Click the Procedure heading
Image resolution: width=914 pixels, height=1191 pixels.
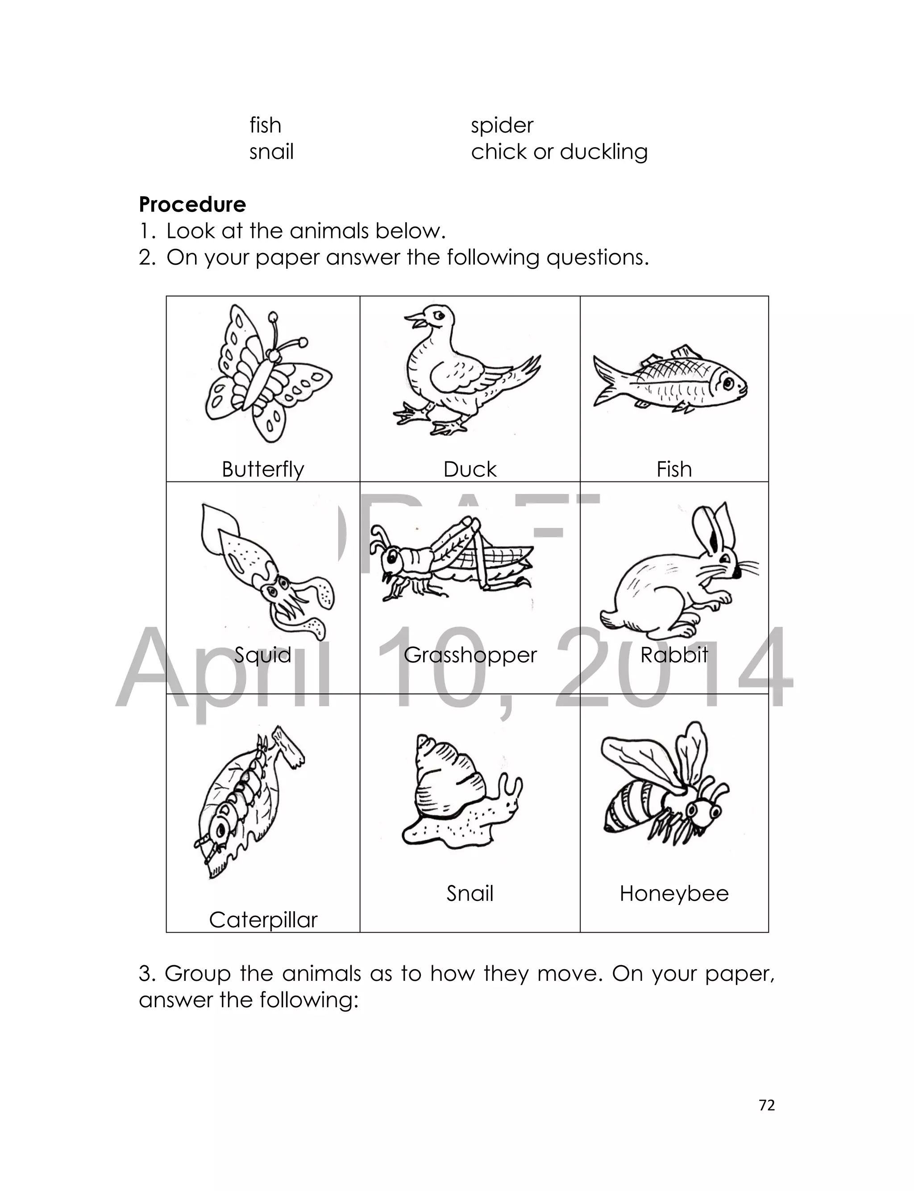click(x=192, y=205)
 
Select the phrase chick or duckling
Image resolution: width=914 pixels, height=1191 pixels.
click(x=559, y=152)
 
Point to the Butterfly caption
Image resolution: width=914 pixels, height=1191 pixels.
click(x=263, y=469)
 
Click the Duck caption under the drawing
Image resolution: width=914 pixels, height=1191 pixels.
click(x=469, y=469)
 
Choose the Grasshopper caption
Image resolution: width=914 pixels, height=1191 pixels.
click(x=470, y=655)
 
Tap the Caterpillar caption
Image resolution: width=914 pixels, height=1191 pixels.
click(x=263, y=920)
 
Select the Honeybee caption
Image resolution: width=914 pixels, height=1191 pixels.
click(x=673, y=893)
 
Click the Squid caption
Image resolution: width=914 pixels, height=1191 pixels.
click(x=263, y=655)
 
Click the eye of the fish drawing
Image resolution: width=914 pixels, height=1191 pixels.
click(x=727, y=383)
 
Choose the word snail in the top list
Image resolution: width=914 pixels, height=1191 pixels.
click(x=271, y=152)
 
